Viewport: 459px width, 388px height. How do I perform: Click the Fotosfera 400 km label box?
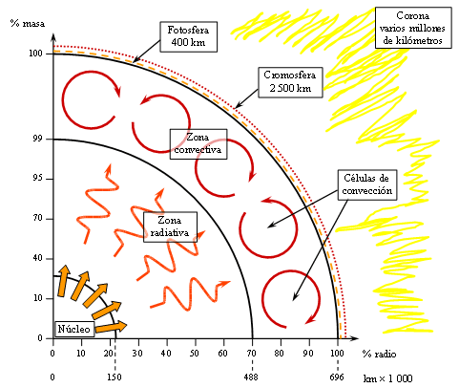point(188,36)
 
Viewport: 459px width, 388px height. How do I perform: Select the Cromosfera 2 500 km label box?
point(290,82)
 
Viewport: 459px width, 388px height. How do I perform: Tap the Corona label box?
point(413,28)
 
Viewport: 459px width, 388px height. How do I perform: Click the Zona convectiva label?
point(198,144)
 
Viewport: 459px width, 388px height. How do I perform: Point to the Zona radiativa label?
point(170,227)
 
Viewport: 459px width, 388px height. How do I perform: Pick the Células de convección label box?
point(367,184)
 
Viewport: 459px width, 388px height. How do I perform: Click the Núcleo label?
point(74,329)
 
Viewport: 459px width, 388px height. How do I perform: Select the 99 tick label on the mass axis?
point(37,140)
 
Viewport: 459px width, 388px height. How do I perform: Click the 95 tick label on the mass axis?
point(37,179)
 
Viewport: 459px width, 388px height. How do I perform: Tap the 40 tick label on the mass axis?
point(37,258)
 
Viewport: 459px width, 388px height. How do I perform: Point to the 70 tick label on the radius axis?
point(252,354)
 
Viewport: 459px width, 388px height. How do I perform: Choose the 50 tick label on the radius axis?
point(195,354)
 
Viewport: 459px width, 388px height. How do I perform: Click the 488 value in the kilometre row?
point(251,377)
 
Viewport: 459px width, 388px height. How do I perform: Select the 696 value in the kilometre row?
point(337,377)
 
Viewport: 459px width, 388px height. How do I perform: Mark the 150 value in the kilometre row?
point(115,377)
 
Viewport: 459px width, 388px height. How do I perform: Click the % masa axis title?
point(28,23)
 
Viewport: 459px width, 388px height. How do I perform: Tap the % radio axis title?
point(380,354)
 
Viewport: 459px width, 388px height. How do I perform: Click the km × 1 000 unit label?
point(388,378)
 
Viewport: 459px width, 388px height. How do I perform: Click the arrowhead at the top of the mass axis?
point(53,37)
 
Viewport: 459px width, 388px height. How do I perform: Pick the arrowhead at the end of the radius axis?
point(355,338)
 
